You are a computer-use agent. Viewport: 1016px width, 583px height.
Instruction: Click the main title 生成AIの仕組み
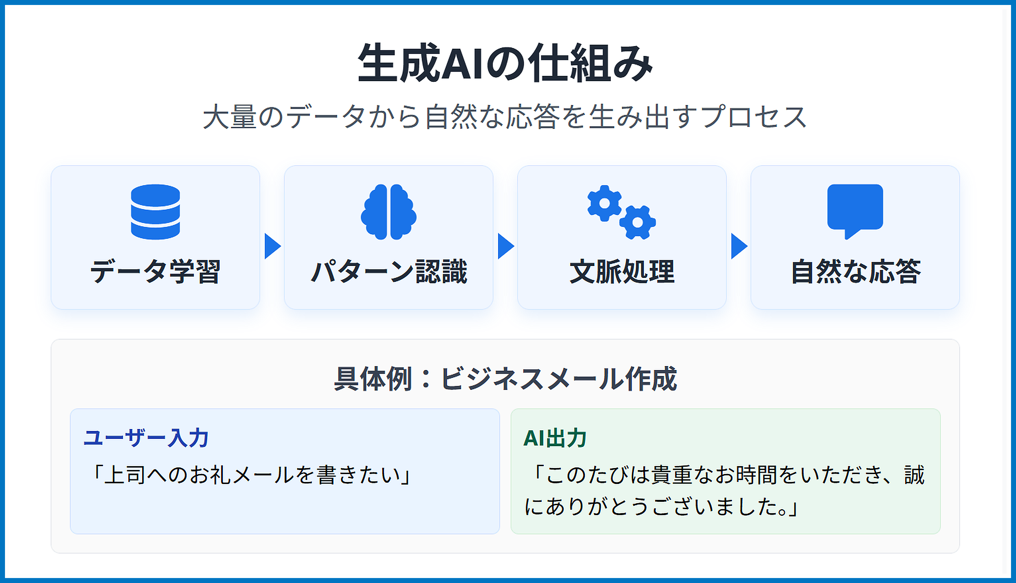(x=505, y=63)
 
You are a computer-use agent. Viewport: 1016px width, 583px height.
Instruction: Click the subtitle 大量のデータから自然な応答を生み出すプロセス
(x=505, y=117)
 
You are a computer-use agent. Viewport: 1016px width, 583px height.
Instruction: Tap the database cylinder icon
(x=155, y=212)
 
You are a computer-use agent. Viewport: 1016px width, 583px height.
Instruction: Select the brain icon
(x=388, y=212)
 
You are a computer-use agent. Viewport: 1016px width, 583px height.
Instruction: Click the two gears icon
(x=622, y=212)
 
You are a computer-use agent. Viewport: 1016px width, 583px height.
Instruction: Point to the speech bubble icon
(x=855, y=211)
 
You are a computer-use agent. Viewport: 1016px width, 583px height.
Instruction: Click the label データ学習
(x=155, y=272)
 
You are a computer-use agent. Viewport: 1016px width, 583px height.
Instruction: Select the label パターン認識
(x=388, y=272)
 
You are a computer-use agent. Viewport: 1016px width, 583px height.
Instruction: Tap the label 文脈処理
(x=622, y=272)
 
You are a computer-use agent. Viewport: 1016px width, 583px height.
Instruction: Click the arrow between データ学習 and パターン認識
(x=272, y=246)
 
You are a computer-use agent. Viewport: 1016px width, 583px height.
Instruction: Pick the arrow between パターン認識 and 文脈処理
(x=506, y=246)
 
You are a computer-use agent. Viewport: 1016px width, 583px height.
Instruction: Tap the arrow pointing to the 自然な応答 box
(x=739, y=246)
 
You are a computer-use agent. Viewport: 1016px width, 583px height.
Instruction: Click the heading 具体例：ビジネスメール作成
(x=505, y=378)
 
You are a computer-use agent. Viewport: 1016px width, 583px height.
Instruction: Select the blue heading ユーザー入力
(x=146, y=438)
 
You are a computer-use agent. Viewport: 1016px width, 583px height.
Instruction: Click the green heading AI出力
(x=555, y=438)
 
